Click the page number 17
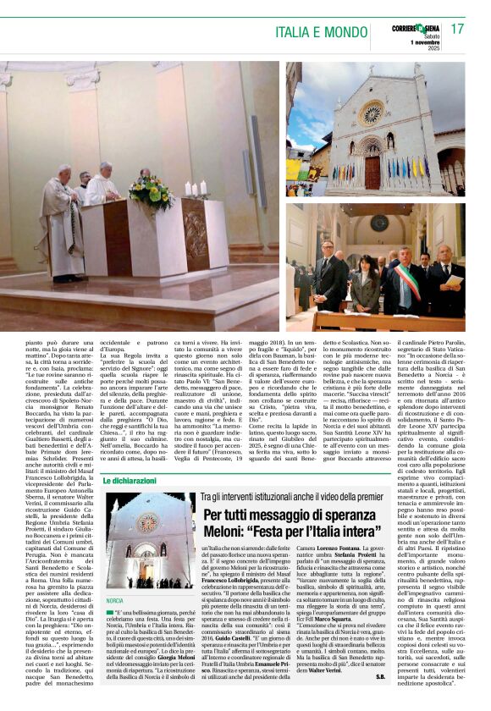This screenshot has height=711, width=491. coord(458,30)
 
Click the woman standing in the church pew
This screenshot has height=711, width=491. coord(365,284)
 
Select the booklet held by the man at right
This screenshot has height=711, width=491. coord(455,279)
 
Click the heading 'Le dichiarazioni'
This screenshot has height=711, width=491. coord(130,481)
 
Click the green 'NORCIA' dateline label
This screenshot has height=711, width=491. coord(115,600)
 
